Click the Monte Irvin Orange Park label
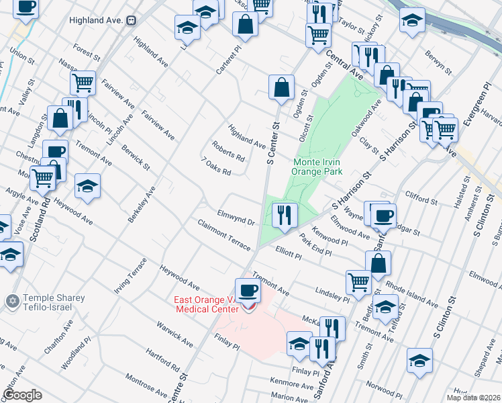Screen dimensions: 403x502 pyautogui.click(x=317, y=167)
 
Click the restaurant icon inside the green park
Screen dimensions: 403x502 pyautogui.click(x=285, y=215)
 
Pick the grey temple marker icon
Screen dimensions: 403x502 pyautogui.click(x=11, y=302)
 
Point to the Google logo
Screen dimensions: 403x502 pyautogui.click(x=22, y=394)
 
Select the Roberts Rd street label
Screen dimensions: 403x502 pyautogui.click(x=228, y=151)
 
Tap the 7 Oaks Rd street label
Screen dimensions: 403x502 pyautogui.click(x=216, y=167)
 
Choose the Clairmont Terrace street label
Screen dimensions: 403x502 pyautogui.click(x=223, y=234)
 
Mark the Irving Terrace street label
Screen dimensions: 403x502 pyautogui.click(x=130, y=275)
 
